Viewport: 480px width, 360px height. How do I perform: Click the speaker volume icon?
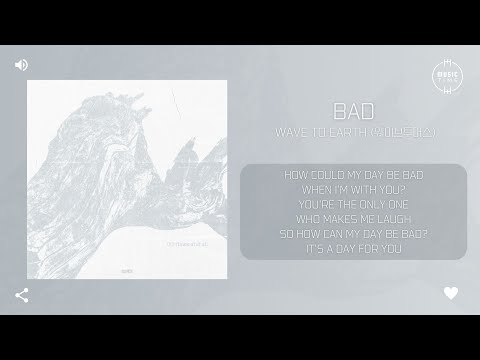tap(21, 65)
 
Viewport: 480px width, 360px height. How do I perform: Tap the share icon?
tap(21, 295)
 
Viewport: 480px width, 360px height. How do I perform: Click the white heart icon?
tap(451, 294)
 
